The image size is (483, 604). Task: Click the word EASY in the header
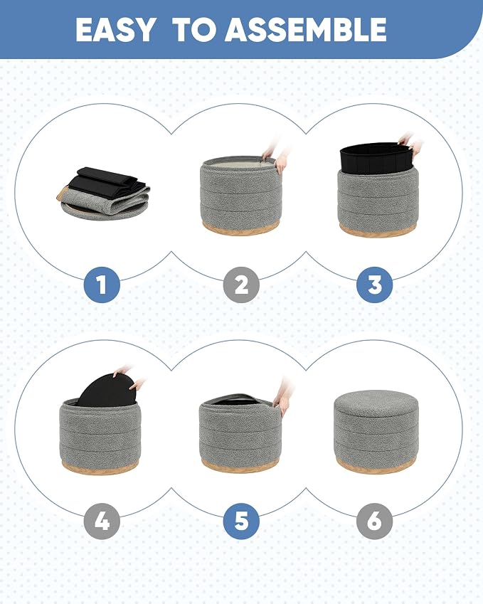pos(115,30)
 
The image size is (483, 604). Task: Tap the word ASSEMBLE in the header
pos(305,30)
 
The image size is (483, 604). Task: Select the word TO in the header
pos(194,30)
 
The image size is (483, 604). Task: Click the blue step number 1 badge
pos(102,285)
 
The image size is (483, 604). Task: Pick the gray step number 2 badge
pos(241,285)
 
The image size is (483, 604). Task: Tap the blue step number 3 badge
pos(374,285)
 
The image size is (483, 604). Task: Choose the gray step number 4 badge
pos(102,521)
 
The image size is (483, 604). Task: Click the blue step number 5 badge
pos(241,521)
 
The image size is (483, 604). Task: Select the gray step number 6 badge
pos(374,521)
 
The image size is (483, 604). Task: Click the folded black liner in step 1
pos(107,183)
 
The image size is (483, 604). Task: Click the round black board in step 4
pos(105,389)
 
